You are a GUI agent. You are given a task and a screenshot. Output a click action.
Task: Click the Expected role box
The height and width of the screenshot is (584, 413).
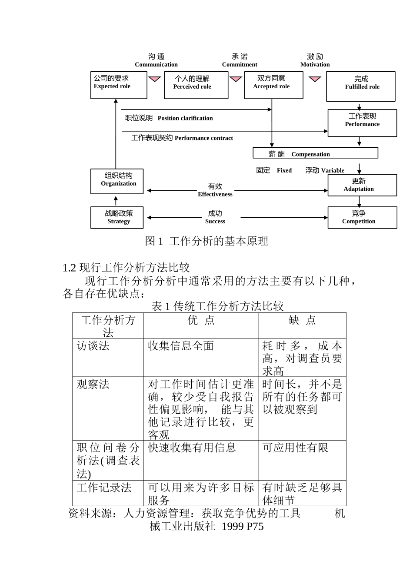[x=118, y=85]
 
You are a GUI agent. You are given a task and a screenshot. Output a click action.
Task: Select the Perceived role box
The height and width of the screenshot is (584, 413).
[x=196, y=85]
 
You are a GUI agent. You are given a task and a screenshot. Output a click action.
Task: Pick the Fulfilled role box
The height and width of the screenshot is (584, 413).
[x=360, y=86]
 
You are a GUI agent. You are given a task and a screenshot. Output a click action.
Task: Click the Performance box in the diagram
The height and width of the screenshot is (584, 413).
[x=362, y=123]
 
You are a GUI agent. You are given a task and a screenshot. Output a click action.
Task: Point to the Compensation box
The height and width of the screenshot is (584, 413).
[x=315, y=153]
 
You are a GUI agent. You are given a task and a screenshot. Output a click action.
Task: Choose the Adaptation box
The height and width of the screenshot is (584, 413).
[x=362, y=185]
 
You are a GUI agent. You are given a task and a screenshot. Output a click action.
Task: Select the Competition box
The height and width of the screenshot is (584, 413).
[x=362, y=217]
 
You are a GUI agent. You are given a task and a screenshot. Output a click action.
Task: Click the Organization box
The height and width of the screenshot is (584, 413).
[x=117, y=181]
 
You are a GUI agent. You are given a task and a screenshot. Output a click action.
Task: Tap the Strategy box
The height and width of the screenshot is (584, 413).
[x=117, y=217]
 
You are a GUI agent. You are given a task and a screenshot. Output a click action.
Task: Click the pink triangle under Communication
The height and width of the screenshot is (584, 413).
[x=155, y=79]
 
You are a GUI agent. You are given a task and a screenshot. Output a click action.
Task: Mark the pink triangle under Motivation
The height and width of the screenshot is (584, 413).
[x=315, y=79]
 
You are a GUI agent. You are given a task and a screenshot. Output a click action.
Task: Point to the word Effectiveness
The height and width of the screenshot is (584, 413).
[x=215, y=194]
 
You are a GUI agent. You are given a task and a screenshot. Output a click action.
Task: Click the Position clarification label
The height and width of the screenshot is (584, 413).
[x=185, y=118]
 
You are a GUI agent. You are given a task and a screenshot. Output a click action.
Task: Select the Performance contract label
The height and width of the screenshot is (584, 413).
[x=203, y=138]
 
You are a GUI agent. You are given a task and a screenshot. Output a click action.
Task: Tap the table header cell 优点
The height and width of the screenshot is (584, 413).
[x=200, y=321]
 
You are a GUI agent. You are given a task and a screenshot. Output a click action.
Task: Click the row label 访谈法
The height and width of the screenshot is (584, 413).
[x=93, y=346]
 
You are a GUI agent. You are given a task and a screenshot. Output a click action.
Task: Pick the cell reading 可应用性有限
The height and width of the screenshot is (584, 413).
[x=295, y=448]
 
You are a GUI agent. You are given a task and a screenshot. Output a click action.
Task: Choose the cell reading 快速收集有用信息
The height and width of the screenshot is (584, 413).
[x=192, y=448]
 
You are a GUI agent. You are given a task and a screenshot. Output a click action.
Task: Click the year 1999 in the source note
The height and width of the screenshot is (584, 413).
[x=232, y=527]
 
